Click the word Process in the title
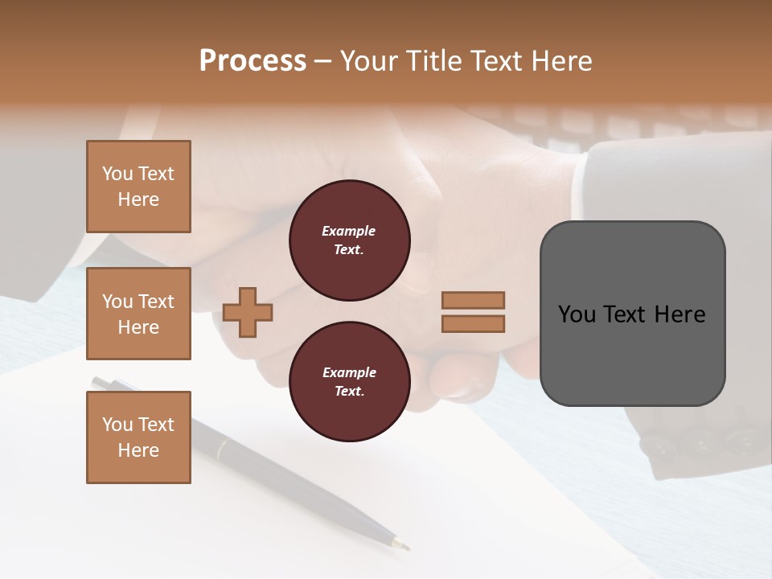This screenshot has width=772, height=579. point(253,61)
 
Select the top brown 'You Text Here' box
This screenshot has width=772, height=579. point(138,187)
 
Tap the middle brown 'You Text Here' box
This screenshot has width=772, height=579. point(138,314)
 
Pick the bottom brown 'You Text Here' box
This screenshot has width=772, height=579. point(138,437)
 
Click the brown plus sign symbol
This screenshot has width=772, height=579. point(248,312)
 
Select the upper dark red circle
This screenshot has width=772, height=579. point(349,240)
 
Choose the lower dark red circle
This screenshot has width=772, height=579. point(349,382)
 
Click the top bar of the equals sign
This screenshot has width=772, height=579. point(473,300)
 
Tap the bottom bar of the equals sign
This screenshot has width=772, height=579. point(473,323)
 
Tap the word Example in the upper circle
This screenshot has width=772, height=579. point(349,231)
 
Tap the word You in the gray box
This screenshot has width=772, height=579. point(577,314)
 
